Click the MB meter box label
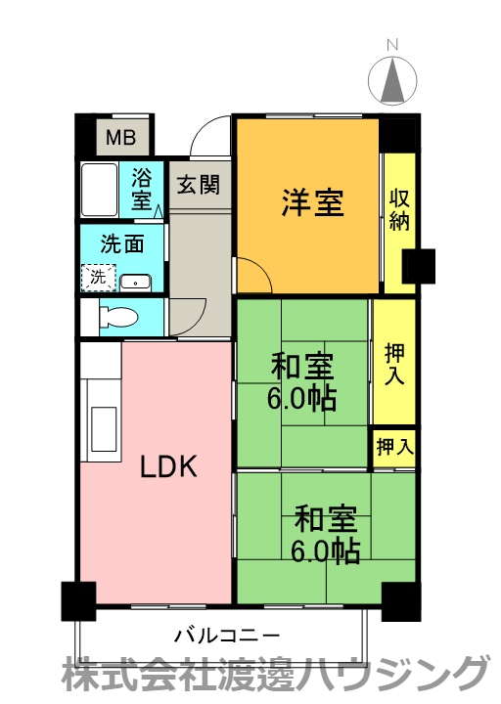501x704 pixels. [121, 137]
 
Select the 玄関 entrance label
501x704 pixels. [199, 184]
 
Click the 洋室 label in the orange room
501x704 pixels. [313, 202]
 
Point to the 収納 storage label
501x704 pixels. [399, 210]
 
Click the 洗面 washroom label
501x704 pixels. [122, 243]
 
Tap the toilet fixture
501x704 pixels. [117, 318]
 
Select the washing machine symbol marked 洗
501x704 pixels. [99, 278]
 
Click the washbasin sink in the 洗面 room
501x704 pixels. [136, 283]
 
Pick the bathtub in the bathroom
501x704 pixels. [99, 190]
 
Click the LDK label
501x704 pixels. [168, 467]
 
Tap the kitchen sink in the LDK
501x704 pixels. [104, 429]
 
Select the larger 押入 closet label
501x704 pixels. [394, 365]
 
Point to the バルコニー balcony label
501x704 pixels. [227, 636]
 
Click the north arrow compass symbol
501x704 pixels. [392, 81]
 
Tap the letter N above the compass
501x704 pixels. [392, 45]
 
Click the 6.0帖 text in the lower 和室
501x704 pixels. [325, 551]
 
